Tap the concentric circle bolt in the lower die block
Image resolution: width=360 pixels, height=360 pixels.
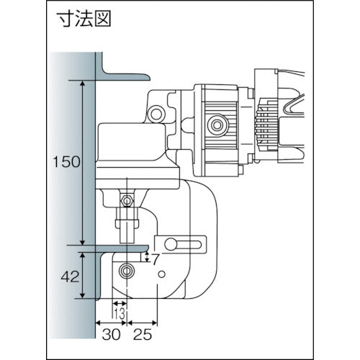[x=127, y=271]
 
